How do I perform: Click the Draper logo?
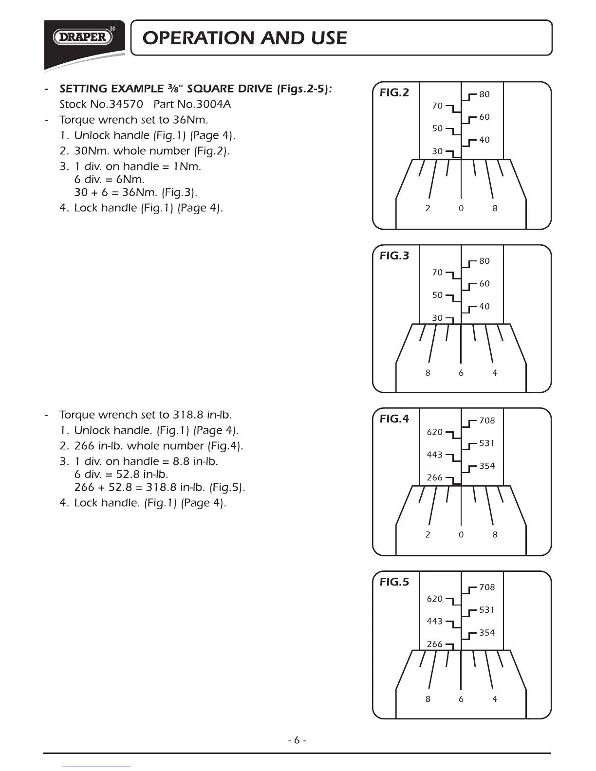(83, 37)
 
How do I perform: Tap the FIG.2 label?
(394, 92)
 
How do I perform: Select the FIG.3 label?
(394, 256)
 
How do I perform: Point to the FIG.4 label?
(394, 419)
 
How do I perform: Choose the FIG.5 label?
(394, 582)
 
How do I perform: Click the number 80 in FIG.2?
(484, 94)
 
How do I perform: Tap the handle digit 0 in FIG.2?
(461, 208)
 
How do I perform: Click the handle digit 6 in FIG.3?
(461, 373)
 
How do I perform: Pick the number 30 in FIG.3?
(437, 318)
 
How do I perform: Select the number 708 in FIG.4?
(487, 421)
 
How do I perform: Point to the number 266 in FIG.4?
(434, 477)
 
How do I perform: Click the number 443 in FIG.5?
(434, 621)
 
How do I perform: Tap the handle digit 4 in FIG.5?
(495, 699)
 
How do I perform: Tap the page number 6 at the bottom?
(297, 740)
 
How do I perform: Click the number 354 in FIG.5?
(487, 633)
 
